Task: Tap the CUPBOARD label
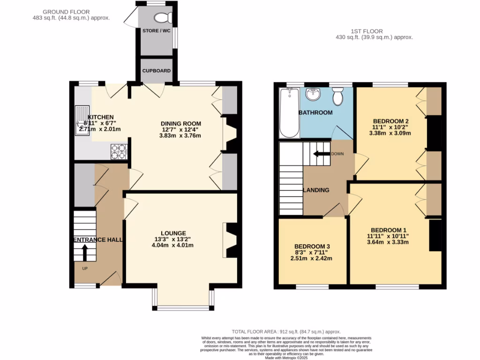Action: pyautogui.click(x=157, y=71)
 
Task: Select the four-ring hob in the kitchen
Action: pyautogui.click(x=118, y=151)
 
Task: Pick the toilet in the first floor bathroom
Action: pyautogui.click(x=337, y=97)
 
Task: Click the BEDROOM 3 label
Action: pyautogui.click(x=312, y=247)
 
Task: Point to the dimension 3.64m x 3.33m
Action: pyautogui.click(x=388, y=242)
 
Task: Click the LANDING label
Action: pyautogui.click(x=316, y=190)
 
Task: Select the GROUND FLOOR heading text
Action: pyautogui.click(x=66, y=12)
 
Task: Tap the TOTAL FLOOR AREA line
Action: pyautogui.click(x=280, y=331)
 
